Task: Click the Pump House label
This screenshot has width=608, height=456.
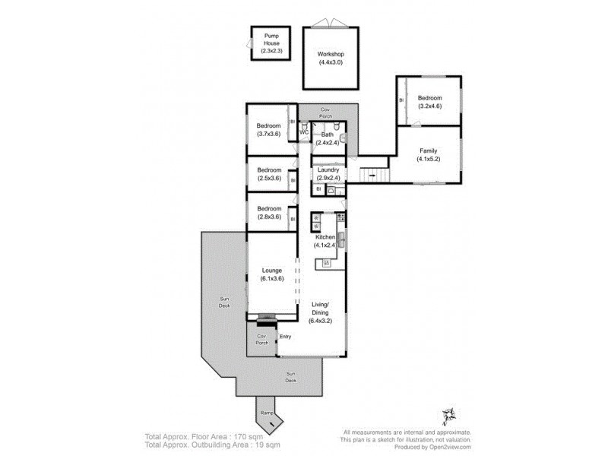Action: (271, 43)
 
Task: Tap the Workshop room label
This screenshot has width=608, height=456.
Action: (331, 59)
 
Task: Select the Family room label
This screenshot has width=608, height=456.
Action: (428, 155)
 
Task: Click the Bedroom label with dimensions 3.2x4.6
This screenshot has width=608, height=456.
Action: (429, 102)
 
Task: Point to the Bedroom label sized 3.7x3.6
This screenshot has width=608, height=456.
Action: (269, 130)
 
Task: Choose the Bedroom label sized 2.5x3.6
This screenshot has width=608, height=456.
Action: (269, 174)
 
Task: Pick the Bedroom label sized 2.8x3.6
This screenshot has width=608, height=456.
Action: (269, 213)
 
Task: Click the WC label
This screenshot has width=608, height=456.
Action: (303, 132)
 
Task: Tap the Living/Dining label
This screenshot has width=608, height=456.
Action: (322, 312)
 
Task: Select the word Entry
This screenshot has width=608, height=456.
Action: (285, 336)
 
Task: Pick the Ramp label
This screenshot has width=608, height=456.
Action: (267, 413)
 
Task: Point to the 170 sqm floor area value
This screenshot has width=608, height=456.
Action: (241, 436)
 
